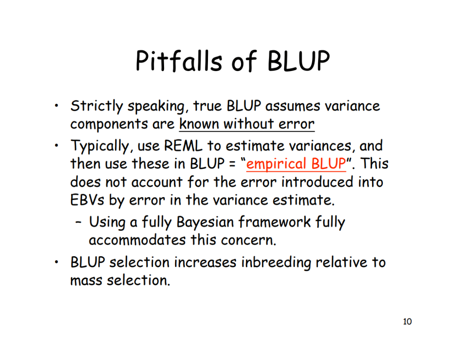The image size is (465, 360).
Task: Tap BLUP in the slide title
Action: click(298, 61)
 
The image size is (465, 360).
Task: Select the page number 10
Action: click(407, 321)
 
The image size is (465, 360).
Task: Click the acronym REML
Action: click(183, 146)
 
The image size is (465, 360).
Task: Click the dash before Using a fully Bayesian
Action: click(78, 223)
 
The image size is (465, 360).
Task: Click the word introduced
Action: click(318, 182)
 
